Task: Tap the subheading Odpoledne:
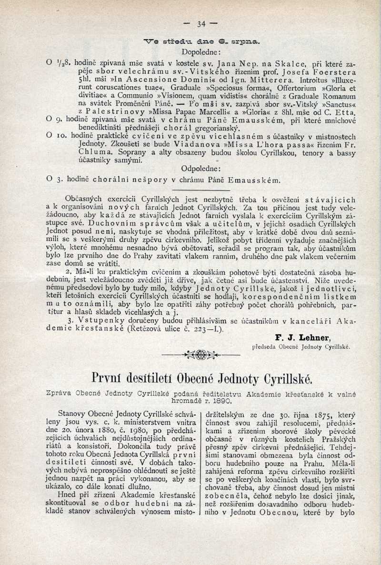[x=200, y=169]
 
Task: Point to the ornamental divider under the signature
[x=201, y=354]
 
